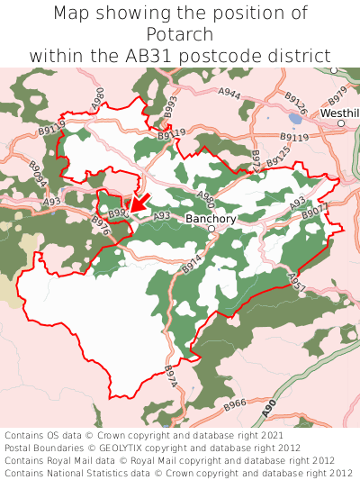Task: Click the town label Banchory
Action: (210, 218)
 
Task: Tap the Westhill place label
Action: (341, 113)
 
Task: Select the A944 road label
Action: (229, 93)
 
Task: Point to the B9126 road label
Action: (294, 106)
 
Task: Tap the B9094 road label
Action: (37, 174)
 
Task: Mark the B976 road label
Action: (100, 226)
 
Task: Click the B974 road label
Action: (171, 377)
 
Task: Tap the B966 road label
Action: (234, 405)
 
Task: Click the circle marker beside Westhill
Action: (341, 123)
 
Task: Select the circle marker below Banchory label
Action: (211, 230)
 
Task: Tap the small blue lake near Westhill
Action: (296, 118)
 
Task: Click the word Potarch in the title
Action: (179, 34)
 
